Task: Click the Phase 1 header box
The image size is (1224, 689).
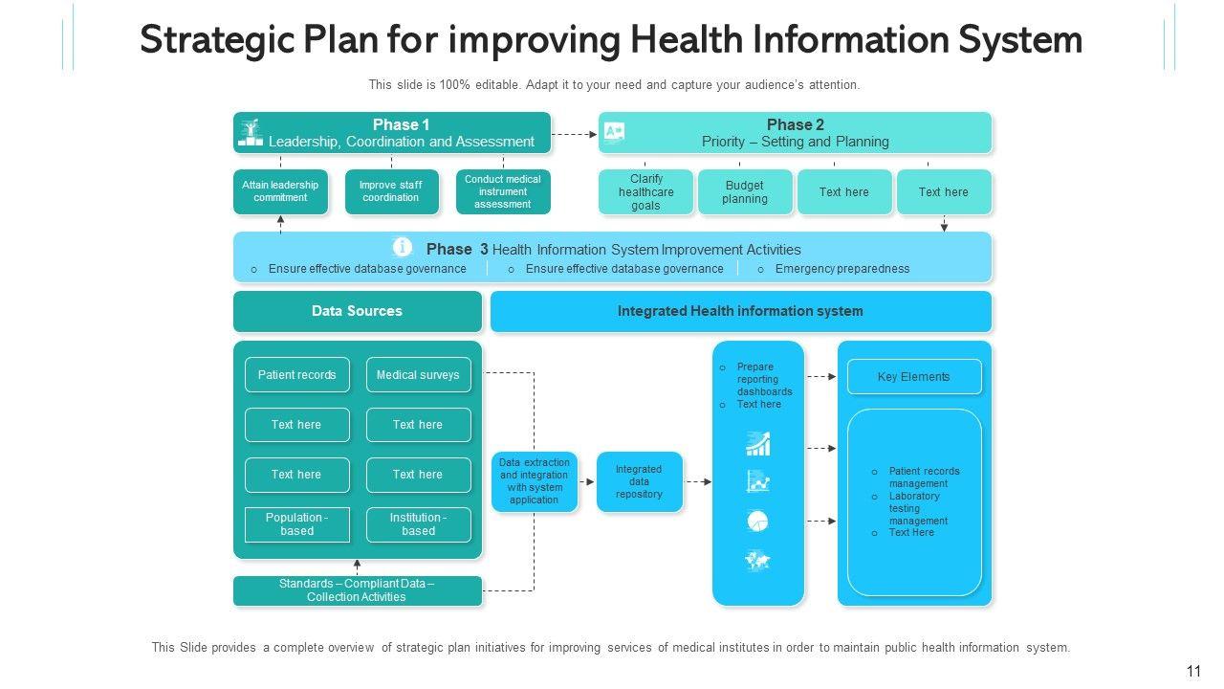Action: click(x=392, y=133)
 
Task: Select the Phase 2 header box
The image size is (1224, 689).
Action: click(x=795, y=133)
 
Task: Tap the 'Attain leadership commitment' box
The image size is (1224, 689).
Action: click(x=280, y=191)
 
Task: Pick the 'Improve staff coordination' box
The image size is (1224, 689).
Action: click(x=391, y=191)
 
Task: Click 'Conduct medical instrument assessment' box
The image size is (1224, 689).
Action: click(x=502, y=191)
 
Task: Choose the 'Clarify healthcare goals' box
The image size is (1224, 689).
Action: click(x=646, y=191)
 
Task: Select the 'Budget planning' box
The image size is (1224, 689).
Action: click(x=745, y=191)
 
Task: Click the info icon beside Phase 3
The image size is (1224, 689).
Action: click(x=403, y=247)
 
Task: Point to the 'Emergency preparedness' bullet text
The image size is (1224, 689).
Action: click(x=841, y=269)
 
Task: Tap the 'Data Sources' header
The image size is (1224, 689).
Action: click(x=357, y=311)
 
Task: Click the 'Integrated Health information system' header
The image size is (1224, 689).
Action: click(x=740, y=311)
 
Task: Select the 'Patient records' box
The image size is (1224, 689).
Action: click(x=296, y=375)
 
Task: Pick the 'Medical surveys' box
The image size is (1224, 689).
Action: click(x=418, y=375)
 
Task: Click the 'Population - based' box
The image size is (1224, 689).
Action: click(x=296, y=524)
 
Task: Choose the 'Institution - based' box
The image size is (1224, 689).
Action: click(x=418, y=524)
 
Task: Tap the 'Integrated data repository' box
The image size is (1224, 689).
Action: click(x=639, y=481)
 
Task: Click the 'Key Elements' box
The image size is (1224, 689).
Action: click(x=913, y=377)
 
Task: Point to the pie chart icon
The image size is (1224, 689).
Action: click(x=757, y=522)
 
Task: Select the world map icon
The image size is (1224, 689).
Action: click(x=757, y=561)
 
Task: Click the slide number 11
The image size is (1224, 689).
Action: click(x=1192, y=672)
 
